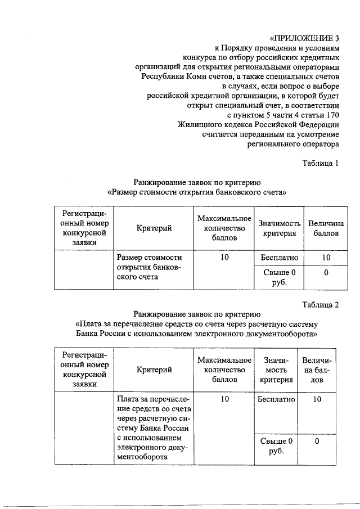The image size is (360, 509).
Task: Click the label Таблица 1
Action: [321, 164]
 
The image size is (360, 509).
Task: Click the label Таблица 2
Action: [321, 305]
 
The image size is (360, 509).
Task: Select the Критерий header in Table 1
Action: [154, 228]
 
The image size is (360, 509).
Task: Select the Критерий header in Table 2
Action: [154, 370]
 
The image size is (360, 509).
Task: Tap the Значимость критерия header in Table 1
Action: [276, 228]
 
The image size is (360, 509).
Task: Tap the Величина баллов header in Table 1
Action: [322, 228]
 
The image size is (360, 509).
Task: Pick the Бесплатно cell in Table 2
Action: [276, 399]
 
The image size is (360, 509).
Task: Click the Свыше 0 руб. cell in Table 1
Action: [275, 277]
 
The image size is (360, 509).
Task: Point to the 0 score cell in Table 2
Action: [317, 442]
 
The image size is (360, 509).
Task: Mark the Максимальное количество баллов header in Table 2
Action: [224, 370]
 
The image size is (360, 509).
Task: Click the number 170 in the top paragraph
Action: [330, 115]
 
